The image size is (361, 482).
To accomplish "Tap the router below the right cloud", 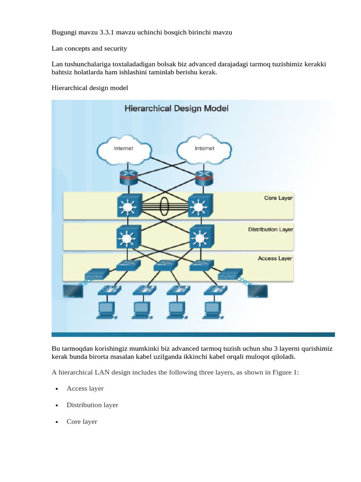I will (204, 178).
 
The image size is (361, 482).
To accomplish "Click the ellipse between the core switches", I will (164, 206).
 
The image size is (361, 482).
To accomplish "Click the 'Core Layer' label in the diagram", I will (278, 198).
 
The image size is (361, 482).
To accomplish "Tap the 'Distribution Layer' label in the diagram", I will (270, 230).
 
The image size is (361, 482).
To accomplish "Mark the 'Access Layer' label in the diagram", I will (275, 258).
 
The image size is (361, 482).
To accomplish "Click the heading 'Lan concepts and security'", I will (89, 48).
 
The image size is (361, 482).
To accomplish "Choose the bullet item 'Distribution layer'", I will (92, 405).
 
